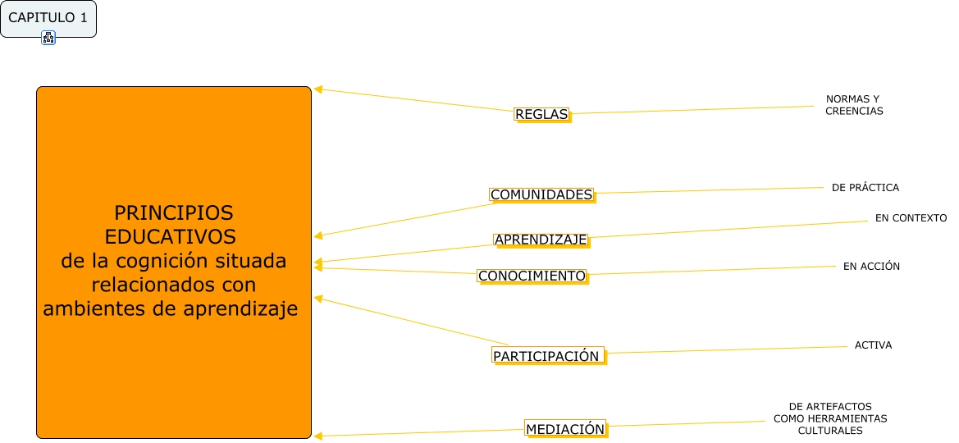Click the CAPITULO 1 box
click(48, 18)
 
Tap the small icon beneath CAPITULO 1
click(48, 37)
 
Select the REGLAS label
click(541, 115)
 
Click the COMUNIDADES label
click(541, 194)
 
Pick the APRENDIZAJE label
click(541, 240)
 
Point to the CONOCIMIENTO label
click(532, 276)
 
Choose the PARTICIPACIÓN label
click(547, 356)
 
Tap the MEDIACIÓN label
click(565, 428)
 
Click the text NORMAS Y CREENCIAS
click(854, 105)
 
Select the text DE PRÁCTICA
click(865, 187)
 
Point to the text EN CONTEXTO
click(911, 218)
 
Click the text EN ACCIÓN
click(871, 266)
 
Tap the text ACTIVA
click(873, 345)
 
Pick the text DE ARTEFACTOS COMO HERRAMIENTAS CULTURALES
click(829, 418)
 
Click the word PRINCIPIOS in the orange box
click(173, 213)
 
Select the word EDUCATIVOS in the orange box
click(171, 237)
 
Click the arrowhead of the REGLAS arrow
click(318, 89)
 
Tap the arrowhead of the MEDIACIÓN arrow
click(318, 436)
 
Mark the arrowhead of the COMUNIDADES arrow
click(318, 236)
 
